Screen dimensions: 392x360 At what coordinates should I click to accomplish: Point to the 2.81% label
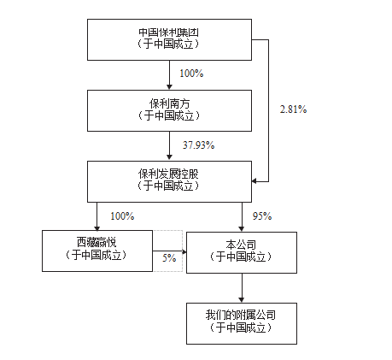pos(293,109)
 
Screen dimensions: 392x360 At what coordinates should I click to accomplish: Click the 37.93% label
pos(198,145)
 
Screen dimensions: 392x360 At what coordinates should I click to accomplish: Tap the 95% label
pos(262,216)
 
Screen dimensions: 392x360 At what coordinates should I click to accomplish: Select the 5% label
pos(169,258)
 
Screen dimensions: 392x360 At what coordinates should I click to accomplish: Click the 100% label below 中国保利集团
pos(191,74)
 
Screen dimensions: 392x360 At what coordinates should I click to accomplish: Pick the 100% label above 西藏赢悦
pos(122,216)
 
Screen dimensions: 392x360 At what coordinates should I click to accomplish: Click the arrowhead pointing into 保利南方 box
pos(169,86)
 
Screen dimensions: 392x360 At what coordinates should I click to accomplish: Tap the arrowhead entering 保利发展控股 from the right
pos(255,181)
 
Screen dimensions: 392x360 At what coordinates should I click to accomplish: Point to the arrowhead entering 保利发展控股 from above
pos(169,157)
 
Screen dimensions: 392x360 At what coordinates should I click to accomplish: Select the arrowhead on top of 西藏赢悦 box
pos(97,228)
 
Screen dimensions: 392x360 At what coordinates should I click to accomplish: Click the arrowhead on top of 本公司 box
pos(242,228)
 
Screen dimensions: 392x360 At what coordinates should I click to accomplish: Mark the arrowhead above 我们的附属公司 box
pos(242,300)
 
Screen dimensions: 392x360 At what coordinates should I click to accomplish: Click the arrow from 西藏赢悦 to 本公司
pos(170,251)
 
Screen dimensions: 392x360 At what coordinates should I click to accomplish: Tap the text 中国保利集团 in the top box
pos(168,32)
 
